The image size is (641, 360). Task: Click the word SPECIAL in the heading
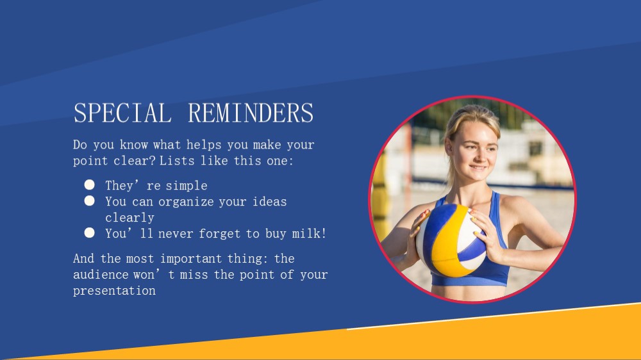122,113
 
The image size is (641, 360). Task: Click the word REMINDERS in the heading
251,113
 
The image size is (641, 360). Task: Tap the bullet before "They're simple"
90,184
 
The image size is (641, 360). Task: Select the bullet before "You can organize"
90,200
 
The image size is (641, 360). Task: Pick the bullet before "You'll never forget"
90,233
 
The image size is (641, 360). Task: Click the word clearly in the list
129,217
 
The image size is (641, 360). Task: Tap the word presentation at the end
115,291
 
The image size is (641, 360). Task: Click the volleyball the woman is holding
451,240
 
